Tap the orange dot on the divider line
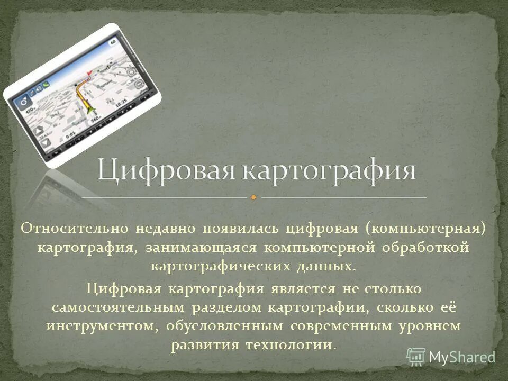pyautogui.click(x=253, y=197)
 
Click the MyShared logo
pyautogui.click(x=450, y=356)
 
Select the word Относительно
pyautogui.click(x=74, y=228)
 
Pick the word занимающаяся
pyautogui.click(x=204, y=248)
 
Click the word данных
pyautogui.click(x=329, y=266)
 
